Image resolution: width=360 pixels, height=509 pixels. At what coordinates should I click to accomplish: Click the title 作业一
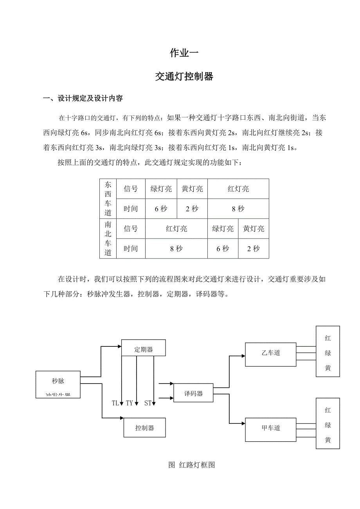pyautogui.click(x=184, y=53)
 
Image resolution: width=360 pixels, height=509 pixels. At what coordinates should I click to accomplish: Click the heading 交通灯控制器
pyautogui.click(x=184, y=77)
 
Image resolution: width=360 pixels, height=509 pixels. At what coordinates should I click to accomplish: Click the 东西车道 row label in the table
pyautogui.click(x=108, y=199)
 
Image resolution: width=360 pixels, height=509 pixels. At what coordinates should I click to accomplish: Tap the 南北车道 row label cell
pyautogui.click(x=108, y=238)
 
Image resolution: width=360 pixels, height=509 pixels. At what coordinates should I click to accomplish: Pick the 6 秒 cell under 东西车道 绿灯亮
pyautogui.click(x=161, y=209)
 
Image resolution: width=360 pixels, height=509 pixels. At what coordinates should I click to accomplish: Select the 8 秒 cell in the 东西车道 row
pyautogui.click(x=238, y=209)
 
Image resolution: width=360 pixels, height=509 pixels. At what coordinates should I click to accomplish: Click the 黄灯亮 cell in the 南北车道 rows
pyautogui.click(x=254, y=229)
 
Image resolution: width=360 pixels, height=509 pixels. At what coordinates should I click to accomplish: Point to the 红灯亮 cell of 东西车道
pyautogui.click(x=238, y=189)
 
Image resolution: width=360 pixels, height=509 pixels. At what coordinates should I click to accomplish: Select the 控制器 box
pyautogui.click(x=144, y=428)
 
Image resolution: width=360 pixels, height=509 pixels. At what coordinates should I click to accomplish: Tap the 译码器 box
pyautogui.click(x=194, y=393)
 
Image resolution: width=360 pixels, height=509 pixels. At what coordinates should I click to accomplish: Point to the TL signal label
pyautogui.click(x=115, y=403)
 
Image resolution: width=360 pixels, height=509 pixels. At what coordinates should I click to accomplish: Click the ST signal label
pyautogui.click(x=148, y=403)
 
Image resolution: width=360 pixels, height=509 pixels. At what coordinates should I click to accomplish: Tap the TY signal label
pyautogui.click(x=130, y=403)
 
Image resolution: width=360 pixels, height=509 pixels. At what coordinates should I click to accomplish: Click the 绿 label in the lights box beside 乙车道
pyautogui.click(x=328, y=353)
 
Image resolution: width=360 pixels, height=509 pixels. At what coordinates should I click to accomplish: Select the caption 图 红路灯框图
pyautogui.click(x=191, y=465)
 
